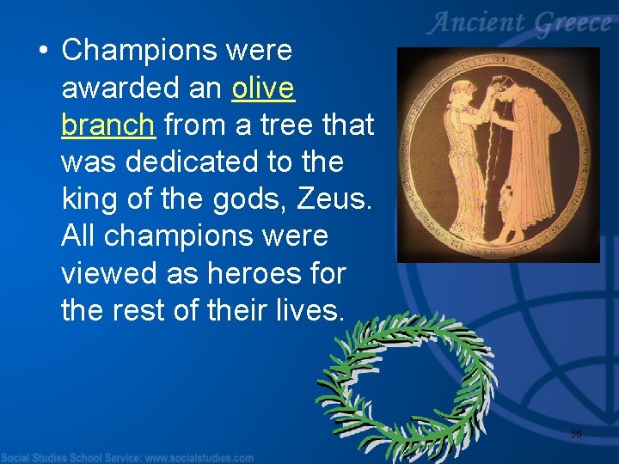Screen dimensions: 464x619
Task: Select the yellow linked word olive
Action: click(x=263, y=88)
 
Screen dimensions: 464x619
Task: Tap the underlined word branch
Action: click(x=108, y=125)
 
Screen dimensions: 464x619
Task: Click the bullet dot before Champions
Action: click(x=42, y=52)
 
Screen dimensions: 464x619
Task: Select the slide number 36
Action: click(x=575, y=434)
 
